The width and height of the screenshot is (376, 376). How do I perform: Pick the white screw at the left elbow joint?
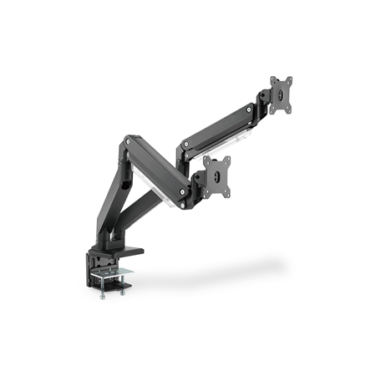(126, 144)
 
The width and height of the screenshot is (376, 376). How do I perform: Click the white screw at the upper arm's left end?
(180, 149)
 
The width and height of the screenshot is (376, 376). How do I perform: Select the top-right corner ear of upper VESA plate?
(292, 79)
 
